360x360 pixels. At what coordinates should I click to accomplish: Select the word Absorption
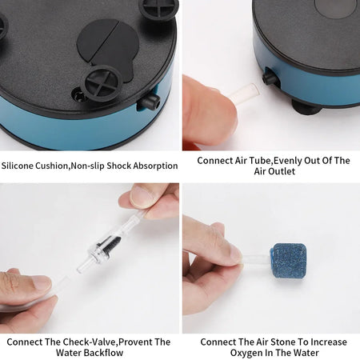152,166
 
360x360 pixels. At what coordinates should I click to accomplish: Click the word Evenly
272,160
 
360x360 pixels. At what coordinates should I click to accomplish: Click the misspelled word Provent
133,342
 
